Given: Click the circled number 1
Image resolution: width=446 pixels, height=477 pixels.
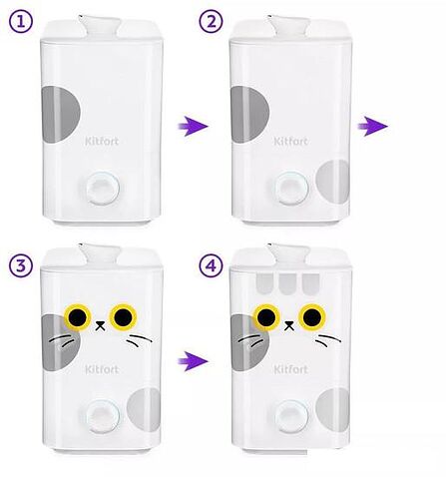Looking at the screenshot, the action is (21, 22).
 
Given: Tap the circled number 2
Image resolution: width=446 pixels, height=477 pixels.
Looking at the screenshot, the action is (212, 22).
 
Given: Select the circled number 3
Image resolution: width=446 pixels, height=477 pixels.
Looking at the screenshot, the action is (21, 265).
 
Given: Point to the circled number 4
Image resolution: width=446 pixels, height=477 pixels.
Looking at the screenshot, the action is (212, 265).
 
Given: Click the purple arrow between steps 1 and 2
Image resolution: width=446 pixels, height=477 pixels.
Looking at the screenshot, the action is (193, 126).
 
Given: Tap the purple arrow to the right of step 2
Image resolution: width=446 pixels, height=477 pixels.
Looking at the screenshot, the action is (373, 126).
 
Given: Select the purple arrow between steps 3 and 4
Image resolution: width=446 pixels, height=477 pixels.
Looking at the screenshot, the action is (193, 361).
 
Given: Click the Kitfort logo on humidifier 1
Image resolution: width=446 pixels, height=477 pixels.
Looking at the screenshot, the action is (102, 141).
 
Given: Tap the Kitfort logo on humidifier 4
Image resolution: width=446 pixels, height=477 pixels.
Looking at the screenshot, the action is (290, 369).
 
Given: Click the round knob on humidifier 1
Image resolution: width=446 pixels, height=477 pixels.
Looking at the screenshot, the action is (103, 189).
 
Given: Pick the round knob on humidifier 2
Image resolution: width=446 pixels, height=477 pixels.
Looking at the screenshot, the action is (291, 189).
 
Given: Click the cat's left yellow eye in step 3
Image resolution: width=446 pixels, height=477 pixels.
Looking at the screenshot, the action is (78, 317).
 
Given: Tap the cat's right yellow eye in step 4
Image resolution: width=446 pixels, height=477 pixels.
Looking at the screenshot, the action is (312, 317).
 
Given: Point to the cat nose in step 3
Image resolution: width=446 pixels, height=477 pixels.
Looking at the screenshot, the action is (100, 325).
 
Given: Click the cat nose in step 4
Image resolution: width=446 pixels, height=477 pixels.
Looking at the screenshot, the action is (289, 325).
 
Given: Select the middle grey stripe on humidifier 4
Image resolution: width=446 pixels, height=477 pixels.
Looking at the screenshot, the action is (287, 283).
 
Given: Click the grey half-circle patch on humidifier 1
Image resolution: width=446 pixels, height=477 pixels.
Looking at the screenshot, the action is (61, 114).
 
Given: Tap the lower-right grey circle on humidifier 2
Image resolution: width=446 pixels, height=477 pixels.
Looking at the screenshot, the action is (332, 182).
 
